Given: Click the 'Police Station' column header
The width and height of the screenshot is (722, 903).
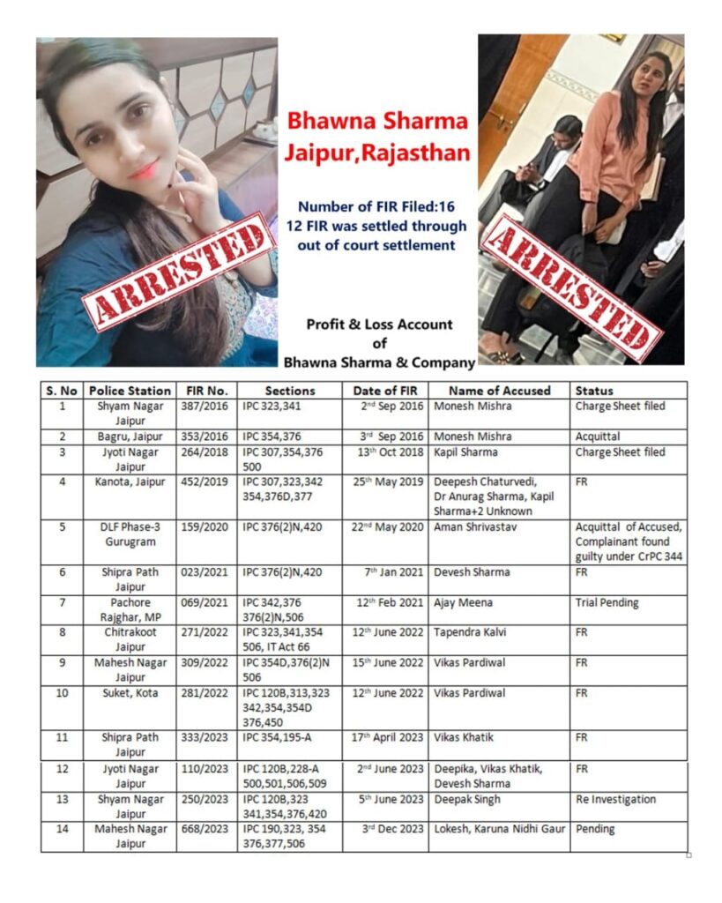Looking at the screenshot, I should click(130, 390).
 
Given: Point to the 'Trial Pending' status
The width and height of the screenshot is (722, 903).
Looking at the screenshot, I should click(607, 603).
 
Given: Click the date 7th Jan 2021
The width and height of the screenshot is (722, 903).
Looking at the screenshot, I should click(398, 572).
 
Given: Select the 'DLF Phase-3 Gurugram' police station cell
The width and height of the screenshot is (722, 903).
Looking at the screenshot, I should click(130, 534).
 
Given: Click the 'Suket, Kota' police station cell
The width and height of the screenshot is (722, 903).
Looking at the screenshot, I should click(130, 693).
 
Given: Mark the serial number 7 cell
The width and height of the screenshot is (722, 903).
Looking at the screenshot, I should click(62, 603).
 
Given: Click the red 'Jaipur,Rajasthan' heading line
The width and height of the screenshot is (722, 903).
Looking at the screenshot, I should click(376, 151).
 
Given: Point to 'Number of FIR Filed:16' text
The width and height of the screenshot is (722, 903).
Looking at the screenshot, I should click(376, 205).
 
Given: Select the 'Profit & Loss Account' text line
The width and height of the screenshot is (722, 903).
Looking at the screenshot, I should click(379, 324).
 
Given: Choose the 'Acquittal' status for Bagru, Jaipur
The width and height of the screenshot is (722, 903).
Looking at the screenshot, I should click(599, 437).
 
